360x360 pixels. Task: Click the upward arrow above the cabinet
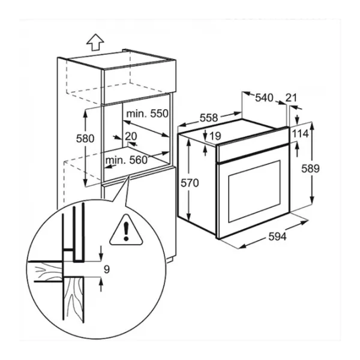click(94, 41)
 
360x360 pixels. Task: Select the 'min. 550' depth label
click(146, 113)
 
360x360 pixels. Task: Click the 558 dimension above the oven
click(208, 118)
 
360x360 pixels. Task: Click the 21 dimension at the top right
click(292, 98)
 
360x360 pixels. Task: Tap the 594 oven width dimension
click(276, 236)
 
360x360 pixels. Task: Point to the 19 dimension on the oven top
click(217, 136)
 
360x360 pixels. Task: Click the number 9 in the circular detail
click(106, 269)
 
